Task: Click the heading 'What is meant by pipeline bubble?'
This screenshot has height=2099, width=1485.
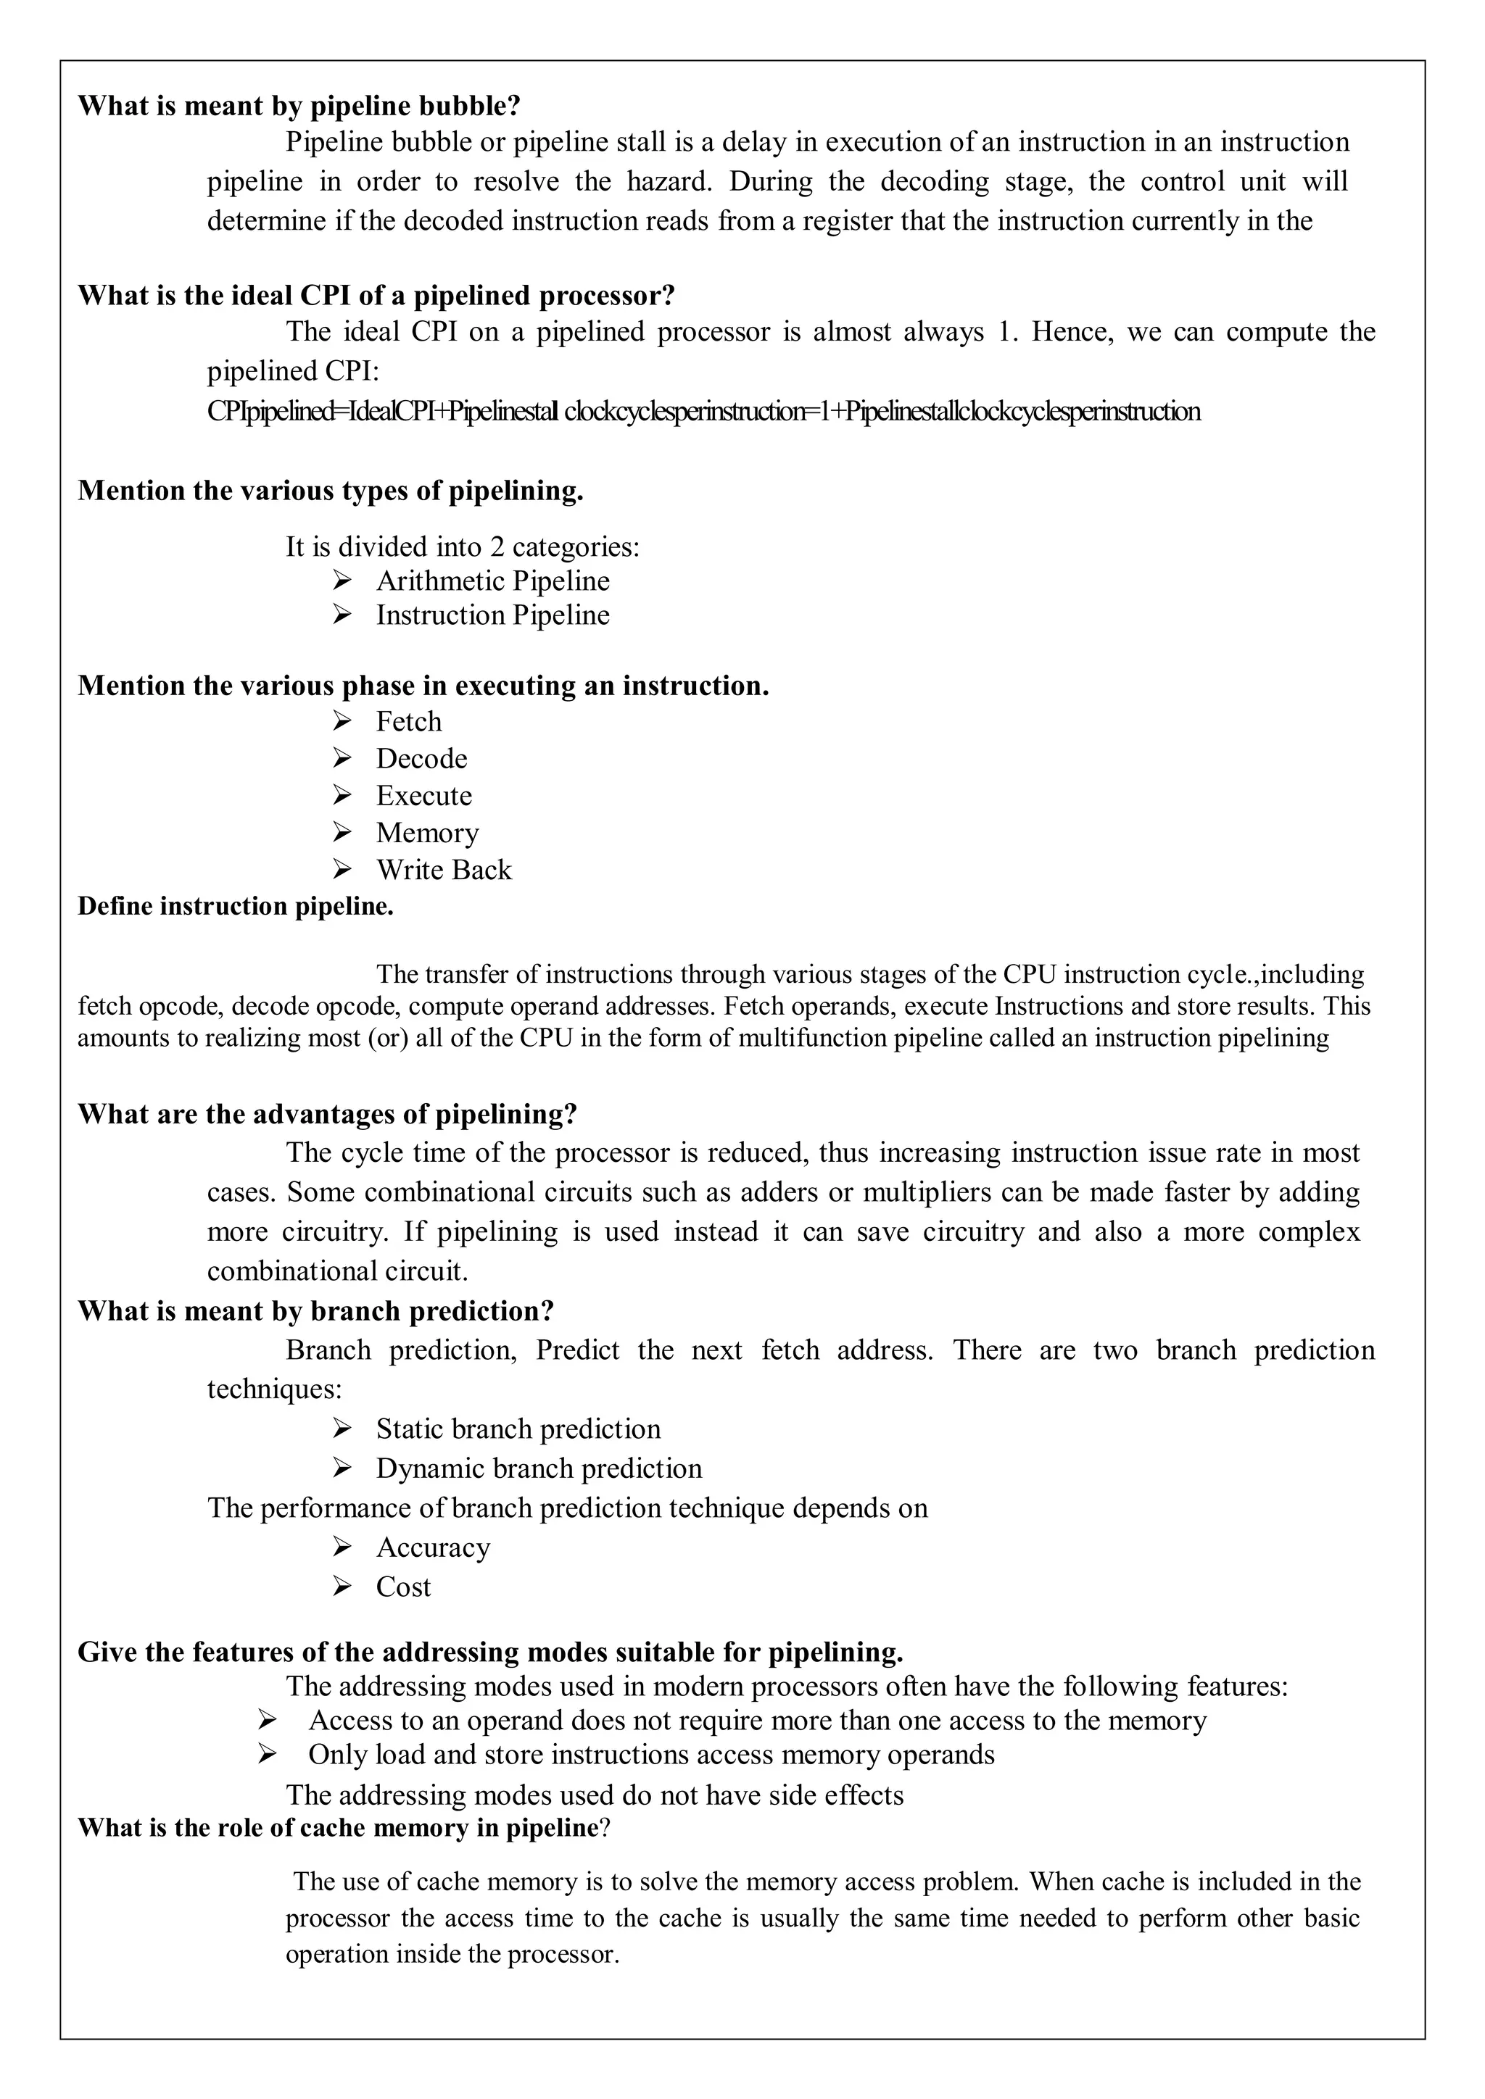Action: click(299, 106)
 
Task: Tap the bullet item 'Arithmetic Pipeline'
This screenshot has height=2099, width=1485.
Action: click(492, 581)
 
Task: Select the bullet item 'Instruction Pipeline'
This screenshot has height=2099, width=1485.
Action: click(492, 615)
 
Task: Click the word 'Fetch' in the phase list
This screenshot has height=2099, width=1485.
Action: click(409, 721)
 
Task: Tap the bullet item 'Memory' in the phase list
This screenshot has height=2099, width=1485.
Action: click(427, 833)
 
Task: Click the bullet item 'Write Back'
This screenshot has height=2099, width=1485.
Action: click(444, 870)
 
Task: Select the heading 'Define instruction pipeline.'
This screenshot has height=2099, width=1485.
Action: click(235, 906)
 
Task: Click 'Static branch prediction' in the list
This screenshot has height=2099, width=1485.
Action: click(518, 1429)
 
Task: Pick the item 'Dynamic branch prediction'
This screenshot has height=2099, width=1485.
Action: click(539, 1468)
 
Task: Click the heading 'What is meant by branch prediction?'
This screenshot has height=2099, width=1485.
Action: click(315, 1311)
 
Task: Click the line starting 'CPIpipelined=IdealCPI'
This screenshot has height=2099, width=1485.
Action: click(703, 412)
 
